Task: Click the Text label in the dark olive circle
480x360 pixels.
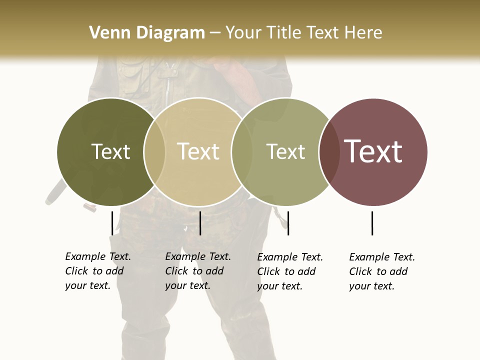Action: pyautogui.click(x=110, y=151)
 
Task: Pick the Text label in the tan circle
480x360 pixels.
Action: pyautogui.click(x=198, y=151)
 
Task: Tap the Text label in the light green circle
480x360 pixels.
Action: pyautogui.click(x=285, y=151)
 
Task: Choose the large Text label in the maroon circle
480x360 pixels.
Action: pyautogui.click(x=373, y=151)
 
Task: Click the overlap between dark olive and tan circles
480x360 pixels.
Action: pyautogui.click(x=154, y=152)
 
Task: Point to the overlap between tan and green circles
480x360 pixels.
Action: pyautogui.click(x=242, y=152)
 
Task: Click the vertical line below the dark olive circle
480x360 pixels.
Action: pyautogui.click(x=112, y=223)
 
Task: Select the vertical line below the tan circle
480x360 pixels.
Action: pyautogui.click(x=200, y=223)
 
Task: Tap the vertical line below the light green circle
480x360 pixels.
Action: pyautogui.click(x=288, y=223)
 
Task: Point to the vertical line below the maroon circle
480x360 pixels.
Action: pyautogui.click(x=372, y=223)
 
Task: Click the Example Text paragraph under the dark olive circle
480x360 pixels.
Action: pyautogui.click(x=98, y=271)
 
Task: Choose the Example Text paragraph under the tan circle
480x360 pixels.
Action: pyautogui.click(x=198, y=271)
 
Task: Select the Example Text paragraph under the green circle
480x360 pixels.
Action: pyautogui.click(x=290, y=271)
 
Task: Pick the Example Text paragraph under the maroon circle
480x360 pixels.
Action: pyautogui.click(x=382, y=271)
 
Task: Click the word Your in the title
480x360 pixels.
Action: pyautogui.click(x=244, y=32)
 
